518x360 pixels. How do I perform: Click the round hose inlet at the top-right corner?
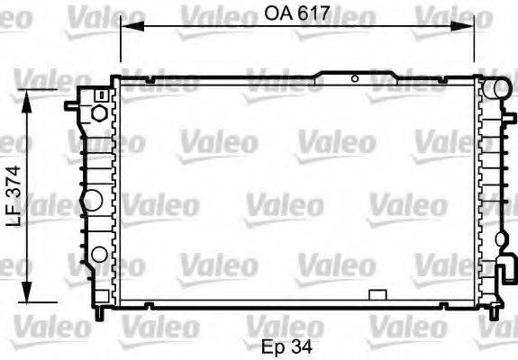point(494,87)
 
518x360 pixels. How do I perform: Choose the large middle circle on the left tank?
point(91,199)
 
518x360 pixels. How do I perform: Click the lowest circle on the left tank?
point(96,253)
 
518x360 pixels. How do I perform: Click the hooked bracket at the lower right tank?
point(507,270)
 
